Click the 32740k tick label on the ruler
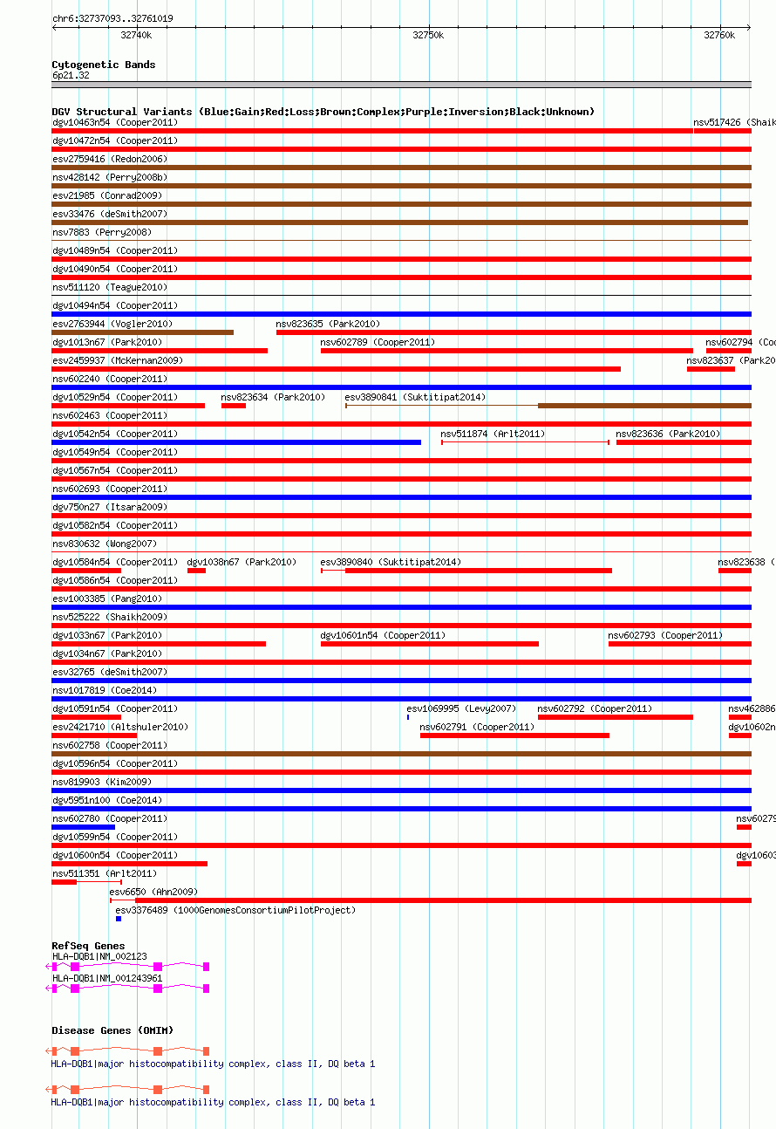click(x=136, y=35)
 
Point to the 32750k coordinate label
click(x=428, y=35)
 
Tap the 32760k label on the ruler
click(x=719, y=35)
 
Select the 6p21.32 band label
click(x=71, y=75)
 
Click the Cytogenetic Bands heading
click(x=104, y=65)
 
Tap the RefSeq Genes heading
click(x=88, y=946)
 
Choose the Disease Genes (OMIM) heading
click(x=112, y=1030)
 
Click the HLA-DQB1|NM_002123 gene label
click(x=99, y=956)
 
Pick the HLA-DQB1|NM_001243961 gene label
click(x=107, y=978)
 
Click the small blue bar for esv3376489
click(x=119, y=919)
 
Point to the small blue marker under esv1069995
click(x=408, y=717)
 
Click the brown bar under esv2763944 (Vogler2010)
click(x=142, y=332)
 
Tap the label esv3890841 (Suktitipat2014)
click(x=416, y=397)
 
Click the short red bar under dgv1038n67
click(x=196, y=571)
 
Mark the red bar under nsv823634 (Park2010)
click(x=234, y=406)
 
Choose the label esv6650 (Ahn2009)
click(x=153, y=892)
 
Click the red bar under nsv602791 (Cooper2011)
click(x=514, y=736)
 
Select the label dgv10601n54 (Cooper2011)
click(x=383, y=635)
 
